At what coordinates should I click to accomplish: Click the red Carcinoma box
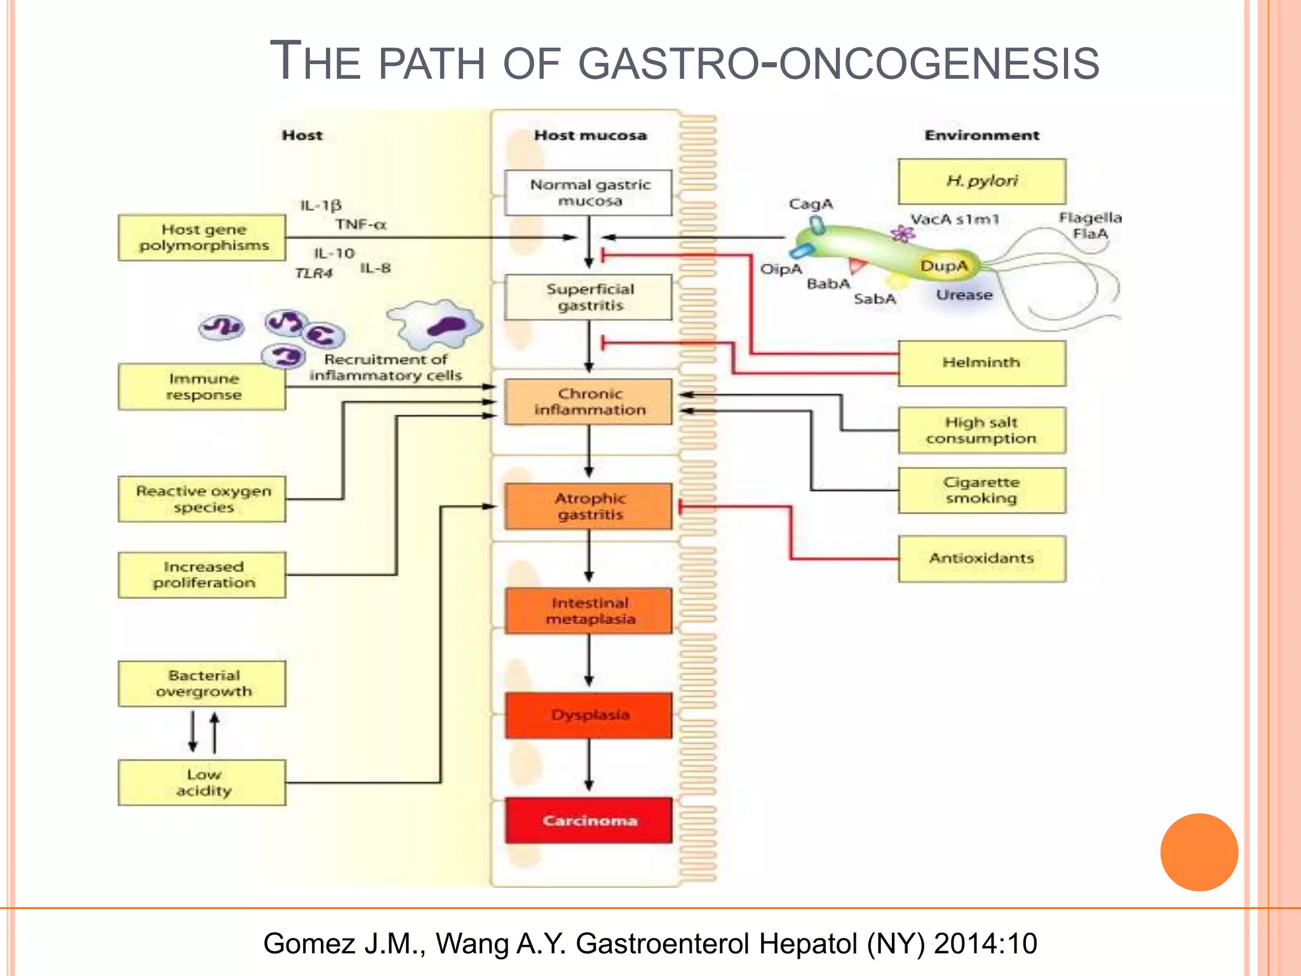pyautogui.click(x=589, y=820)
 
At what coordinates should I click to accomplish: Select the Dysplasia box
pyautogui.click(x=589, y=715)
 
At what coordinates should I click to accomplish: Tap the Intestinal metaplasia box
pyautogui.click(x=589, y=611)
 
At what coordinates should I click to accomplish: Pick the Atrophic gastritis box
pyautogui.click(x=589, y=506)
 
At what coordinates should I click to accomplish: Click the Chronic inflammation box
pyautogui.click(x=589, y=402)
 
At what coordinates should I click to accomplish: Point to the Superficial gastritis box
pyautogui.click(x=589, y=297)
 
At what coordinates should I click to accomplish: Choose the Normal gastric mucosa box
pyautogui.click(x=589, y=193)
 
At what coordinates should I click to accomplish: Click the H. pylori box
pyautogui.click(x=981, y=181)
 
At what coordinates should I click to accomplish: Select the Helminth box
pyautogui.click(x=981, y=363)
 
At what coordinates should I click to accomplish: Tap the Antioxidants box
pyautogui.click(x=981, y=559)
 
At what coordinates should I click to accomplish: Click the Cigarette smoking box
pyautogui.click(x=981, y=491)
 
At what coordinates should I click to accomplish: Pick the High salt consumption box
pyautogui.click(x=981, y=430)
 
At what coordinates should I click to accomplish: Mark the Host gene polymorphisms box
pyautogui.click(x=202, y=238)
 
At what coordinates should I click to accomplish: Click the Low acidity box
pyautogui.click(x=202, y=783)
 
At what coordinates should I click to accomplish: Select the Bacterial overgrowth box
pyautogui.click(x=202, y=684)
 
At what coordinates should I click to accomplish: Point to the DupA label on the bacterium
pyautogui.click(x=944, y=266)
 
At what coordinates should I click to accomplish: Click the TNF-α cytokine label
pyautogui.click(x=361, y=225)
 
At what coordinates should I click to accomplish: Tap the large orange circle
pyautogui.click(x=1199, y=852)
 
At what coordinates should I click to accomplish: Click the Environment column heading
pyautogui.click(x=981, y=135)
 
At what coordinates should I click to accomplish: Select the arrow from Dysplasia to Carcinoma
pyautogui.click(x=589, y=766)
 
